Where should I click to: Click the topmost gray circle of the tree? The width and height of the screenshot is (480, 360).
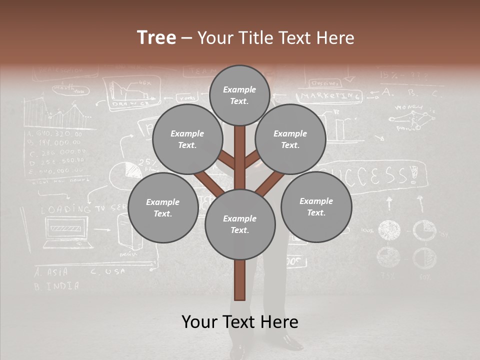pos(239,95)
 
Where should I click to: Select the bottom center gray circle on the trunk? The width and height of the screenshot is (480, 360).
pos(240,224)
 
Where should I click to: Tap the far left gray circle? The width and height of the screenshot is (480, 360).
pos(162,207)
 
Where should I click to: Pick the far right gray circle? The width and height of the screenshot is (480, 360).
pos(316,206)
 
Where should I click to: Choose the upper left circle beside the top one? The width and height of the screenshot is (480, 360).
pos(187,139)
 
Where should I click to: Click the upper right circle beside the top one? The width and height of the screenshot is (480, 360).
pos(290,139)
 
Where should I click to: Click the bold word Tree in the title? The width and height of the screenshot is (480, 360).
pos(156,37)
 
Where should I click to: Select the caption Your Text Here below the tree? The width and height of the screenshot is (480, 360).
pos(240,322)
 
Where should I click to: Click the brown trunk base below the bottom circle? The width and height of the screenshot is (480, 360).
pos(240,280)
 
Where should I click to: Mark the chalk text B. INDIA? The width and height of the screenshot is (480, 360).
pos(56,286)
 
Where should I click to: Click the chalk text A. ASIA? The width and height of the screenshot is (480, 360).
pos(51,272)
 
